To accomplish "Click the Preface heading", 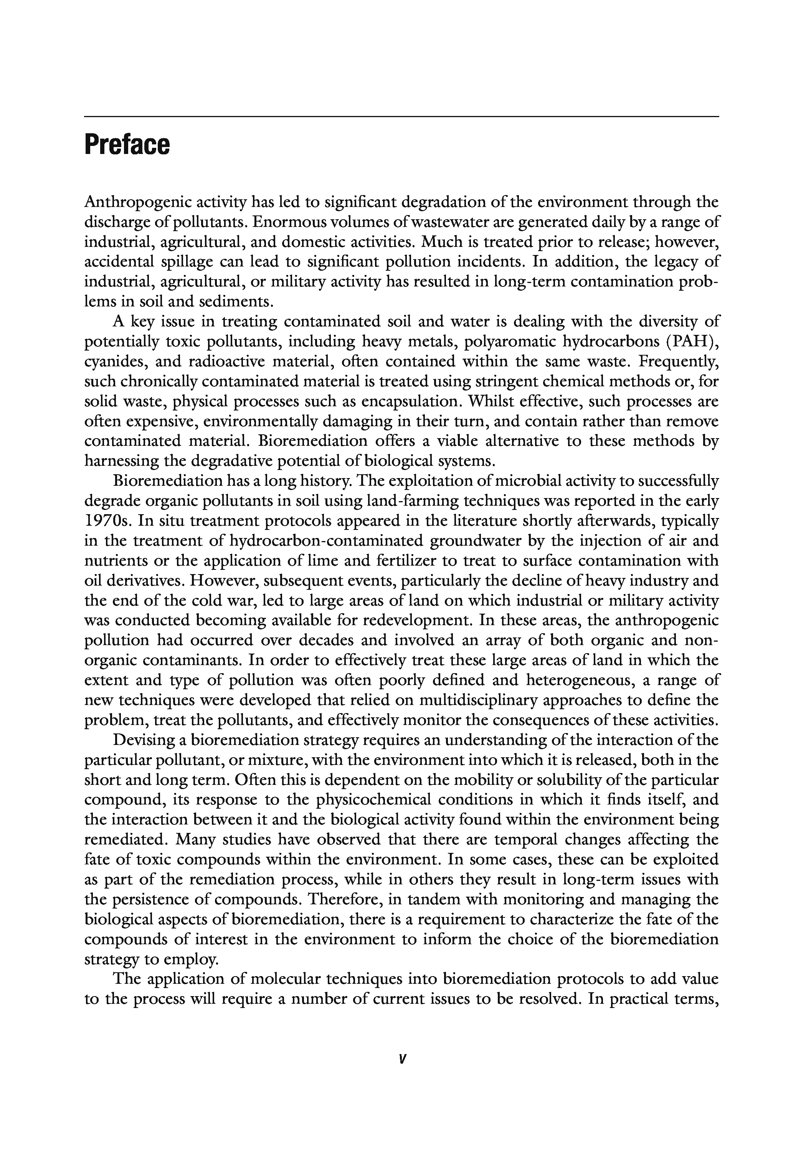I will (x=127, y=145).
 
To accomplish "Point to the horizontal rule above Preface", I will (x=401, y=116).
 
